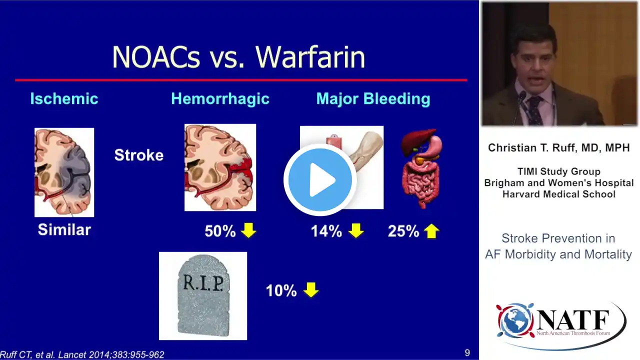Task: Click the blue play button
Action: (320, 179)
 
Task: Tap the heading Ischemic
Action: (64, 98)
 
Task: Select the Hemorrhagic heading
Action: (220, 99)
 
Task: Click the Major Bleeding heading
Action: (373, 99)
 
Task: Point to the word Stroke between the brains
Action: (139, 155)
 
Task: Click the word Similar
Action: (64, 229)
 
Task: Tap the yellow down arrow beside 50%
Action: (248, 230)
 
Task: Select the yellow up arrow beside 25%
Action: (431, 231)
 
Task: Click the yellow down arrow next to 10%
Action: (311, 289)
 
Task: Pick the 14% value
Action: (326, 231)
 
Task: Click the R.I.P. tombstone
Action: (203, 295)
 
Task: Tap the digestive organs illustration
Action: (421, 168)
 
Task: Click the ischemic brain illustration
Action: (64, 172)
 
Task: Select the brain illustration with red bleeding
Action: (220, 167)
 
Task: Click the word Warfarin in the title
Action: (310, 57)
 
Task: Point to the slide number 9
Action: (467, 353)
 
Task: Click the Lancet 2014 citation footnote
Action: (82, 354)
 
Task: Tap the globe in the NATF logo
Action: (515, 320)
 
